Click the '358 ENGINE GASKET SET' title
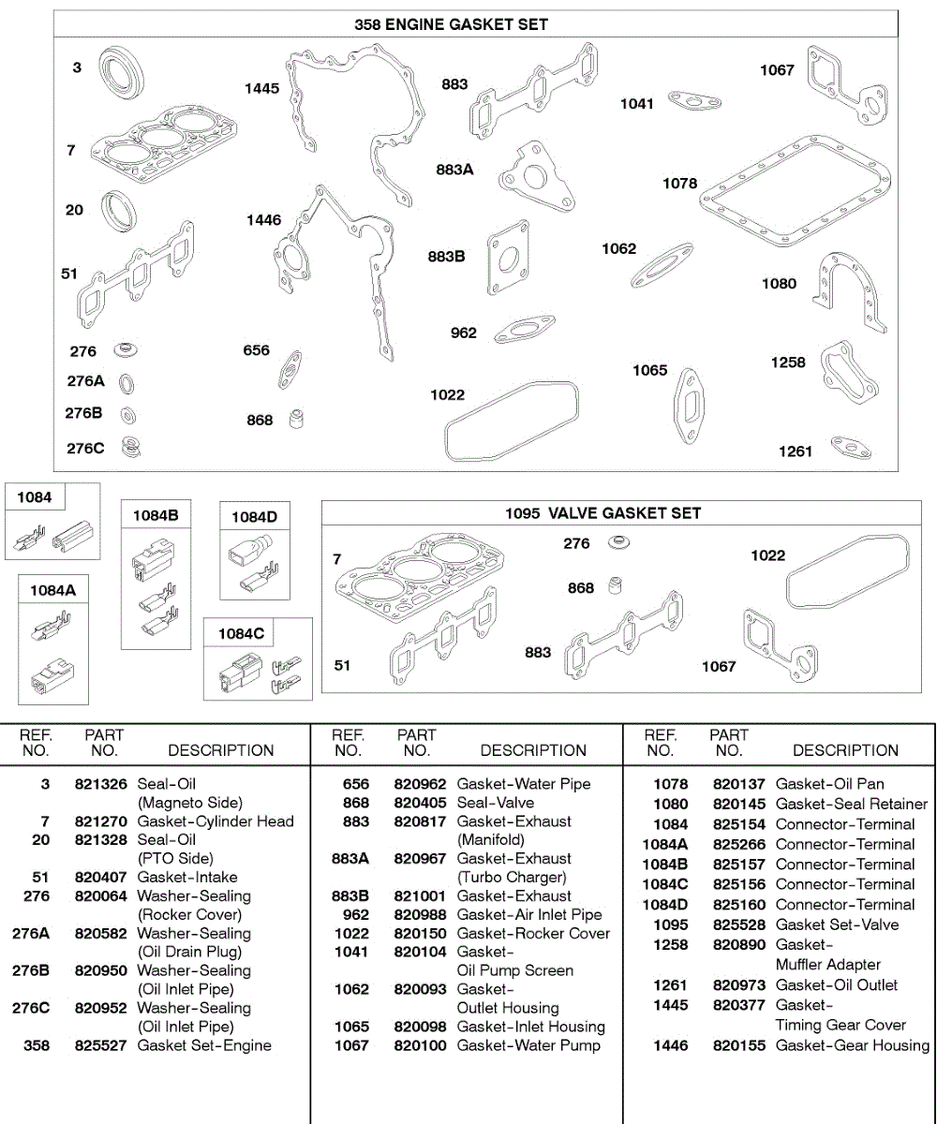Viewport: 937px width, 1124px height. (x=451, y=24)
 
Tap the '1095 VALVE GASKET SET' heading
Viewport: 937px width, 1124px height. (x=602, y=513)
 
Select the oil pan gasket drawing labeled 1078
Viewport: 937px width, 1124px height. (x=798, y=187)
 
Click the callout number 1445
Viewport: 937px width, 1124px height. (x=262, y=88)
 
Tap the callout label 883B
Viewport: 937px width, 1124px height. (x=447, y=257)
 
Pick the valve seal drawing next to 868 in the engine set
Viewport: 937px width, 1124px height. (x=298, y=419)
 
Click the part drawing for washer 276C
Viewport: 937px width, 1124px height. (x=132, y=448)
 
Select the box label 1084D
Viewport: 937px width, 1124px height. (x=254, y=516)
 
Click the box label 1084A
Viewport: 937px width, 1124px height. (x=52, y=590)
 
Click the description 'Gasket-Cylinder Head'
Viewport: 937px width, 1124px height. (x=216, y=821)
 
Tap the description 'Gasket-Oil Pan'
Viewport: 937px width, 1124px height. (x=829, y=784)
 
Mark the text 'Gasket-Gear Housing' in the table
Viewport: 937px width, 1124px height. (x=852, y=1045)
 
